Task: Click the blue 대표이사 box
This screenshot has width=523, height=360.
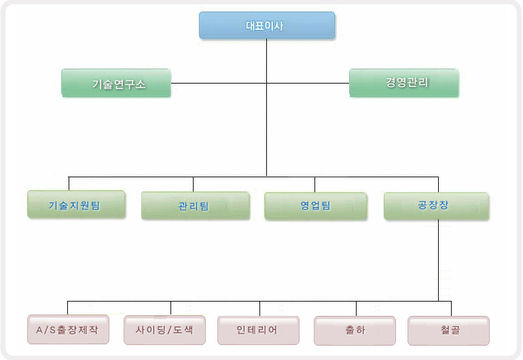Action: pyautogui.click(x=266, y=25)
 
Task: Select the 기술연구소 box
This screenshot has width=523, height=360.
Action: pyautogui.click(x=115, y=83)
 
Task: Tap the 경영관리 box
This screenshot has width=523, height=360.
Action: pyautogui.click(x=403, y=82)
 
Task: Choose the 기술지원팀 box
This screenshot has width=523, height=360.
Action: pyautogui.click(x=76, y=204)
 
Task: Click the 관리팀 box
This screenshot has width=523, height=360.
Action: pyautogui.click(x=195, y=205)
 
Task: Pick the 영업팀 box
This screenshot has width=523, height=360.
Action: pyautogui.click(x=315, y=205)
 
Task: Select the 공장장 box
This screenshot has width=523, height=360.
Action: pyautogui.click(x=435, y=205)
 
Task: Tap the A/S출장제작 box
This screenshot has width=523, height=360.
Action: pyautogui.click(x=68, y=329)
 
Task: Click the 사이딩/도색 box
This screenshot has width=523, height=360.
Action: pyautogui.click(x=164, y=329)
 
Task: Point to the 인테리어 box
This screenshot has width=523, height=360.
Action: pyautogui.click(x=258, y=329)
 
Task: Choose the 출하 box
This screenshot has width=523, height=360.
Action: pyautogui.click(x=355, y=330)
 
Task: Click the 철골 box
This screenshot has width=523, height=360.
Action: pyautogui.click(x=448, y=330)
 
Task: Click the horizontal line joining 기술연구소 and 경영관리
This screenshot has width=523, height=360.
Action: pyautogui.click(x=217, y=83)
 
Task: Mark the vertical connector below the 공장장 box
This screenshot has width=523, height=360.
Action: pyautogui.click(x=438, y=258)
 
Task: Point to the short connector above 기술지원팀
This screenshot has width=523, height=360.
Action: pyautogui.click(x=69, y=183)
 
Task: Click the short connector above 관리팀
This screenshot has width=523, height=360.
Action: pyautogui.click(x=193, y=183)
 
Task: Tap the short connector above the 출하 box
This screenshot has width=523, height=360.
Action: pyautogui.click(x=356, y=308)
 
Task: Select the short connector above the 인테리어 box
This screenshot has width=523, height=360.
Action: pyautogui.click(x=259, y=308)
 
